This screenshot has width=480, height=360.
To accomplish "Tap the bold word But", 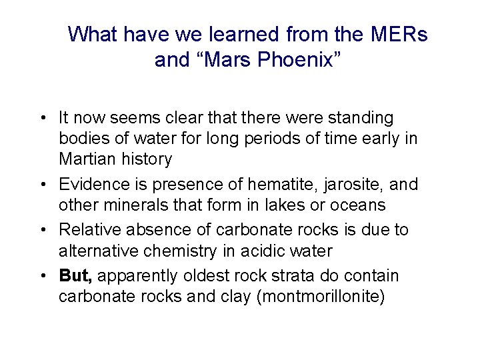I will (75, 275).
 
